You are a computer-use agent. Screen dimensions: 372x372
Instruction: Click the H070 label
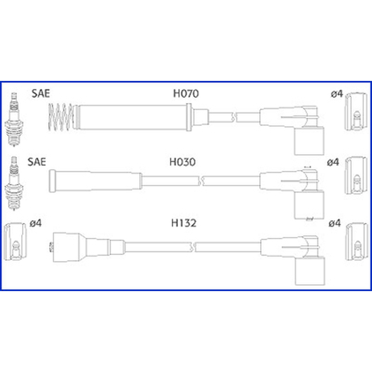pyautogui.click(x=186, y=93)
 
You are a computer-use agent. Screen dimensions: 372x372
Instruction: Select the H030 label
pyautogui.click(x=182, y=162)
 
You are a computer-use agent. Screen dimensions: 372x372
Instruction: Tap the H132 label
pyautogui.click(x=184, y=223)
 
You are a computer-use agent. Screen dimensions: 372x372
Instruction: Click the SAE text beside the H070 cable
pyautogui.click(x=40, y=93)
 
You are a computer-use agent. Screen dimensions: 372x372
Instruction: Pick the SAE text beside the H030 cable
pyautogui.click(x=37, y=161)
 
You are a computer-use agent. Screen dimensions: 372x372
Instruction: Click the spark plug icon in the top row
pyautogui.click(x=14, y=119)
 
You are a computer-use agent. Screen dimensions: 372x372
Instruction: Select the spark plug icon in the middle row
pyautogui.click(x=14, y=183)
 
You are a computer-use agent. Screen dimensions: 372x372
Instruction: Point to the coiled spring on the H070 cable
pyautogui.click(x=60, y=117)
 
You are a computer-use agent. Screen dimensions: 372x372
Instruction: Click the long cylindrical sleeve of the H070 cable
pyautogui.click(x=132, y=117)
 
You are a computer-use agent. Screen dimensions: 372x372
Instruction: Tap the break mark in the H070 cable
pyautogui.click(x=234, y=117)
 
